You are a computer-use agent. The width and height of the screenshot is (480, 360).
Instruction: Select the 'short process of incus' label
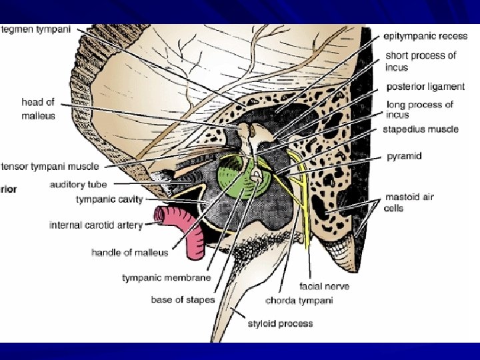420,61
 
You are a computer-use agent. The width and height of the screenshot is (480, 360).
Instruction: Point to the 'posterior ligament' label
425,87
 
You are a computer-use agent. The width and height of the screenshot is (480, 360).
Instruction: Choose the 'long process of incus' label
419,109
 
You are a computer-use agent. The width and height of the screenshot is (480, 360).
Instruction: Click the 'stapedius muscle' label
420,129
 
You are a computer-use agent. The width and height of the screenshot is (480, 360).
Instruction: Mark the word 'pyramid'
404,156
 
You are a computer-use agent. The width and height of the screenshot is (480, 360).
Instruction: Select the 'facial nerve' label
324,286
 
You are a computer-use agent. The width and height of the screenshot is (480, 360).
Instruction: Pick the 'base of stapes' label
182,299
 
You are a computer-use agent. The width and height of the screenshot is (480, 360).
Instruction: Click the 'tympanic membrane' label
166,277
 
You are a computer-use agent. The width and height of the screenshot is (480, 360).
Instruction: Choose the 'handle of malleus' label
129,253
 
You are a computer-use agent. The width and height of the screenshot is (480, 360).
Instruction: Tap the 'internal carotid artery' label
96,225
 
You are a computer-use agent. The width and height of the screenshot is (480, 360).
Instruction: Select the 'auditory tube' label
78,185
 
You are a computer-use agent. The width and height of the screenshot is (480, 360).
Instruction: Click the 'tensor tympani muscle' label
50,166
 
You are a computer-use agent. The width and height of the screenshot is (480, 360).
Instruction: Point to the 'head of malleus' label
38,109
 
